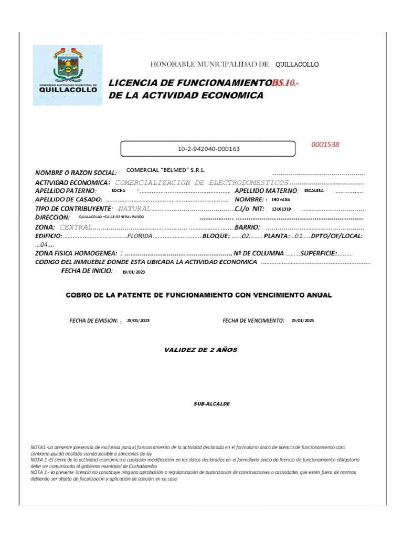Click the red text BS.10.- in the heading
pos(286,84)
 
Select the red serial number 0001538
pos(325,145)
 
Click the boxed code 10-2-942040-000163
pos(208,149)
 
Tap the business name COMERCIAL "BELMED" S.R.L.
pos(166,170)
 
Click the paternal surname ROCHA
pos(119,191)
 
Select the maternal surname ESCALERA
pos(314,191)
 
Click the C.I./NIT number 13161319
pos(281,209)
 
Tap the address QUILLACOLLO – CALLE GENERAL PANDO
pos(111,216)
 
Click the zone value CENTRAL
pos(76,227)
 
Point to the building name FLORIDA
pos(140,236)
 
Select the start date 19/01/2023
pos(133,272)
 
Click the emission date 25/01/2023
pos(138,320)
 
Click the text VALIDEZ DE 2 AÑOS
pos(201,350)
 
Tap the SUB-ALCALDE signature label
pos(211,404)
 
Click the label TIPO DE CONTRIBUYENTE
pos(73,209)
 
